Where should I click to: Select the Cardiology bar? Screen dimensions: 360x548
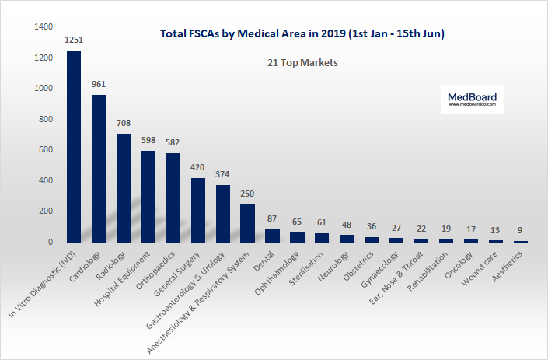[99, 168]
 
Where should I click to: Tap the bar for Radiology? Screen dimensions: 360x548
[124, 187]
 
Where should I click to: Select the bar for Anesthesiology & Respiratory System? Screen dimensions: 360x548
[247, 222]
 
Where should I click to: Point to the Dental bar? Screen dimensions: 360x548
[272, 235]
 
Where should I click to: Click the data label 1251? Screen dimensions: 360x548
[74, 39]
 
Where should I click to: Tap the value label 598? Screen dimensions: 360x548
[148, 139]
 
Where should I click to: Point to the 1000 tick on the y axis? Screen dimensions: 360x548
[44, 89]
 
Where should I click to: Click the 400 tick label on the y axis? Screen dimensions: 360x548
[46, 180]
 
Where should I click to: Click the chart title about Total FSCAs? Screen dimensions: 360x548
[302, 34]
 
